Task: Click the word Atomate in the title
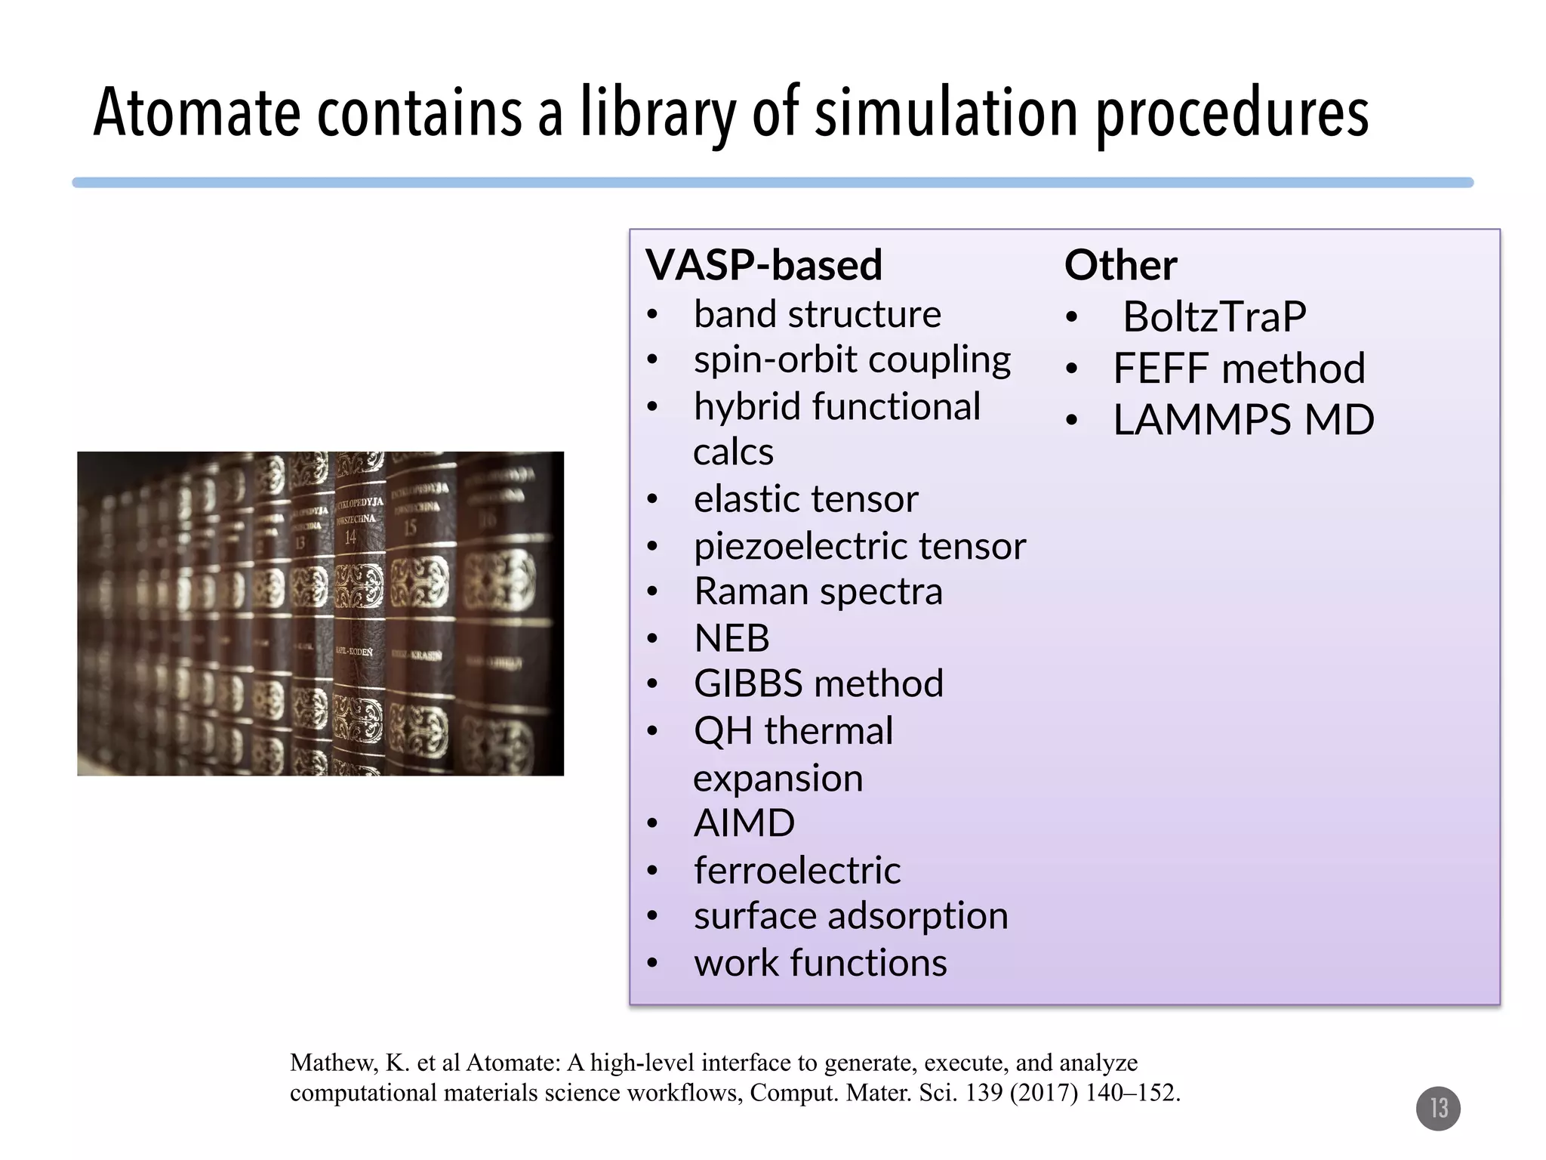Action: (x=196, y=113)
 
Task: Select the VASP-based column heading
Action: (x=764, y=265)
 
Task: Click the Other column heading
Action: (x=1120, y=265)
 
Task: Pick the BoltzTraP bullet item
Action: (x=1214, y=316)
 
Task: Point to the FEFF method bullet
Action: (x=1239, y=369)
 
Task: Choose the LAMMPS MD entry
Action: (x=1243, y=420)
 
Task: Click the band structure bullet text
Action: (x=817, y=314)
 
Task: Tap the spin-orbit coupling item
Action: (x=852, y=360)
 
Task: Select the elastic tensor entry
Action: (x=805, y=499)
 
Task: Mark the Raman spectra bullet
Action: (x=818, y=591)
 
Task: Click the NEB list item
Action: (x=731, y=638)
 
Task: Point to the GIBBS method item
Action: (x=818, y=683)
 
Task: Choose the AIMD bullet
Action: (x=744, y=823)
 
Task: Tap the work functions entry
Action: (x=820, y=963)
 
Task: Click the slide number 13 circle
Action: (x=1438, y=1108)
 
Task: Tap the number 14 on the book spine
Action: (x=350, y=538)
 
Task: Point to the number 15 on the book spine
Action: (x=409, y=527)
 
